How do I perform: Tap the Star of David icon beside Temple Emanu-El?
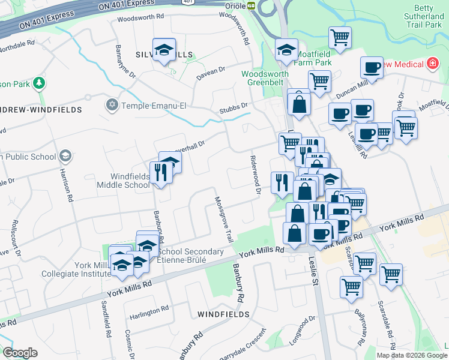pyautogui.click(x=111, y=106)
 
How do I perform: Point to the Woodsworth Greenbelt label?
pyautogui.click(x=265, y=79)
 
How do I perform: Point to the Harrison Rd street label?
pyautogui.click(x=66, y=184)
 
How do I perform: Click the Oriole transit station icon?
pyautogui.click(x=252, y=5)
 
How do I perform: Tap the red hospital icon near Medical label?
pyautogui.click(x=432, y=64)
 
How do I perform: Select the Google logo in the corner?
pyautogui.click(x=20, y=353)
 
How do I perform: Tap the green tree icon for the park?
pyautogui.click(x=39, y=83)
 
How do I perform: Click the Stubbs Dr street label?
pyautogui.click(x=234, y=107)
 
